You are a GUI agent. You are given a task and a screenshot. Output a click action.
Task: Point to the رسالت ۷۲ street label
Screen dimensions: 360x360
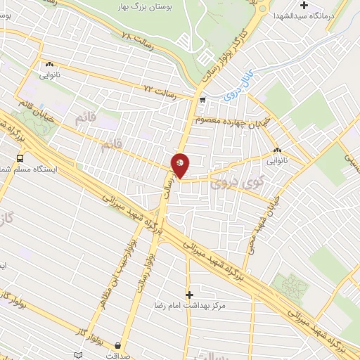[158, 89]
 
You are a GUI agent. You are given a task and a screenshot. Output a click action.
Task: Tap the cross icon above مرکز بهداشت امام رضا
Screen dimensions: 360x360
[188, 295]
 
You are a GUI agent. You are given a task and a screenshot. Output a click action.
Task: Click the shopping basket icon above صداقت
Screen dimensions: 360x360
[117, 345]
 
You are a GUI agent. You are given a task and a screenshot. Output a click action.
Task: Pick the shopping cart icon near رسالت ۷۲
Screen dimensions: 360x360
[202, 101]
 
